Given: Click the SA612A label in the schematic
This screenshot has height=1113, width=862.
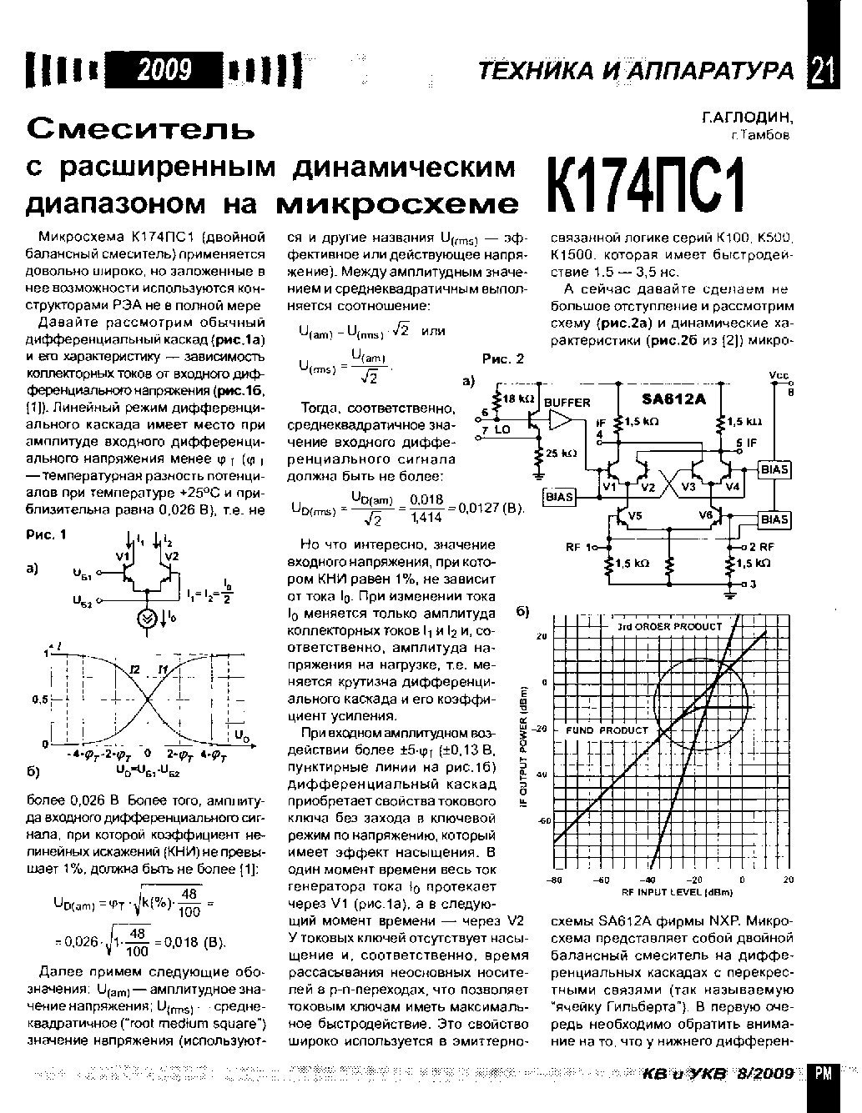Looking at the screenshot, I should coord(673,399).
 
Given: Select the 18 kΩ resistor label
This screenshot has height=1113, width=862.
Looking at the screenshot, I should coord(519,399).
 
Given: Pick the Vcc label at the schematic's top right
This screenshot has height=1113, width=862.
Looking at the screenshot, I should coord(779,376).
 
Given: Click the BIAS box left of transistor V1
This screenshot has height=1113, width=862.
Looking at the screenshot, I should coord(559,497).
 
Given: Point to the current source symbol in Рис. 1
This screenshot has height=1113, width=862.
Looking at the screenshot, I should coord(147,617).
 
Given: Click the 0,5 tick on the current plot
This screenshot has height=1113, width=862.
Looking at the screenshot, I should coord(39,698).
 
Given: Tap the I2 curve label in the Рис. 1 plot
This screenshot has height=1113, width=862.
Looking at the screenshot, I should coord(137,668).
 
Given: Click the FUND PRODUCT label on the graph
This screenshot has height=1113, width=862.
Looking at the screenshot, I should coord(607,730).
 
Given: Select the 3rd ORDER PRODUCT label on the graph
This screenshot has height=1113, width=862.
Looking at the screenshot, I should coord(669,626).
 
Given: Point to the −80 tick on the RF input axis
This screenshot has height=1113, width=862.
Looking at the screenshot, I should coord(555,880).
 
